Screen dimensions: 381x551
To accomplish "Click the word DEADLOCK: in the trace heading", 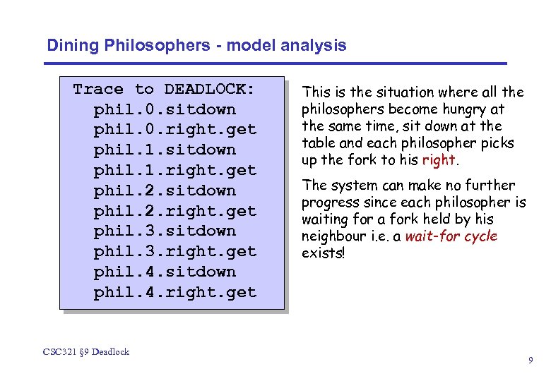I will pos(210,89).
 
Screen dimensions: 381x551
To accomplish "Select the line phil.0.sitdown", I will pos(165,109).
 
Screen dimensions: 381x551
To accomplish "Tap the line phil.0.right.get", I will pos(174,130).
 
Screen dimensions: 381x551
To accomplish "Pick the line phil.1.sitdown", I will pos(165,150).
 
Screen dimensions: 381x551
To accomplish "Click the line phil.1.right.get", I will pos(174,170).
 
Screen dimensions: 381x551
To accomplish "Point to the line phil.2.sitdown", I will pos(165,190).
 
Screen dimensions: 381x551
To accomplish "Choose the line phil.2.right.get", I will pos(174,211).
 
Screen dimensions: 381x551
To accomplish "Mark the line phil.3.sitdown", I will pos(165,231).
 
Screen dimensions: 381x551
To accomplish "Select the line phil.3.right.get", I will pos(174,251).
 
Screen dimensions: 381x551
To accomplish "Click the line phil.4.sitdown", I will pos(165,272).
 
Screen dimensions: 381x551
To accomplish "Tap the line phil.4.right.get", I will pos(174,292).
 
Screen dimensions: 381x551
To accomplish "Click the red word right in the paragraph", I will pos(438,160).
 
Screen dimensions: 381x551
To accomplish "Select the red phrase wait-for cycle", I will pos(451,236).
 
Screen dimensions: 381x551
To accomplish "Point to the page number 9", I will pos(531,361).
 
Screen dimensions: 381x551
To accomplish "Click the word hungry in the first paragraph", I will pos(463,109).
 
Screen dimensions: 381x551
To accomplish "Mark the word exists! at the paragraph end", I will pos(323,253).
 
